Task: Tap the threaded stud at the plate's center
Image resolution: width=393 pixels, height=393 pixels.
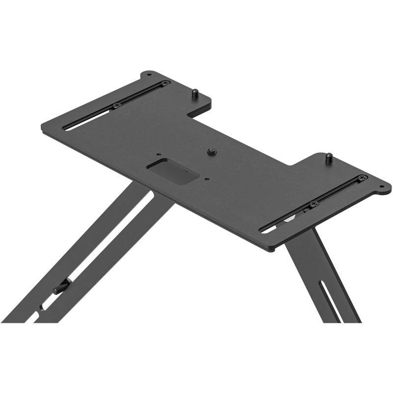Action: click(213, 151)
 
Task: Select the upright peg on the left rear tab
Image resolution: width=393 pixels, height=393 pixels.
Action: click(195, 92)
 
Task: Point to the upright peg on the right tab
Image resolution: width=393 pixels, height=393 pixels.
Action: click(328, 158)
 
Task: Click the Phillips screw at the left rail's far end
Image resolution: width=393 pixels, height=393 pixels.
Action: click(166, 83)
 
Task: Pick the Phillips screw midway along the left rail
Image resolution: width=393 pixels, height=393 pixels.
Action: click(117, 105)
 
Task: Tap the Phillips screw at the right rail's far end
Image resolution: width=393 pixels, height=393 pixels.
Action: click(363, 178)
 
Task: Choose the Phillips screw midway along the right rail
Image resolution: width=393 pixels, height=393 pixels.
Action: click(313, 203)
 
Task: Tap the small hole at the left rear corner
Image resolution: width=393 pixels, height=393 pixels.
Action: click(149, 76)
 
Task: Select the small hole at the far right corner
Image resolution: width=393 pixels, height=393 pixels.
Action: click(381, 186)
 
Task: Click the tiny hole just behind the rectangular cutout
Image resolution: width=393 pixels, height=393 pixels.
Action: click(158, 153)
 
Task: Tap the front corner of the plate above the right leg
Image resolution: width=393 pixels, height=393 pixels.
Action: click(270, 250)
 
